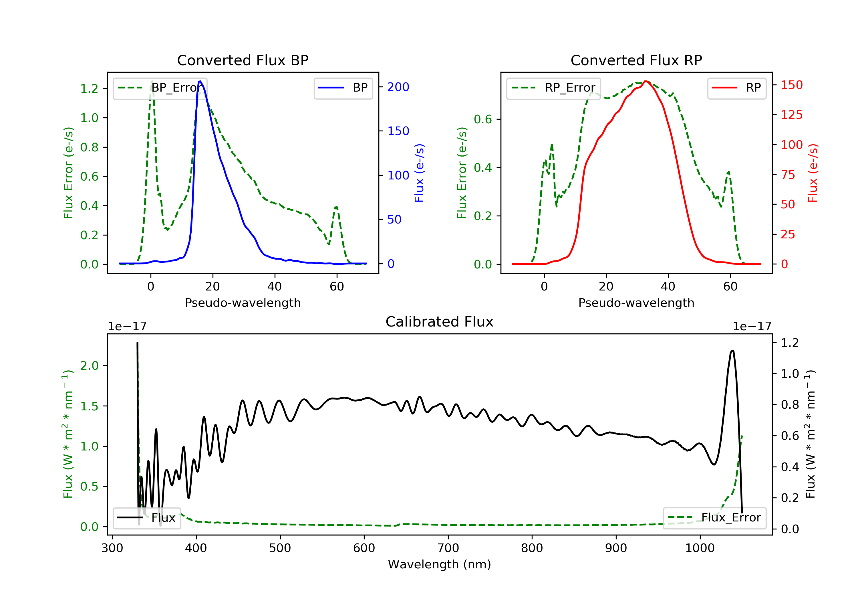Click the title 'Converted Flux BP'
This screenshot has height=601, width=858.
point(243,60)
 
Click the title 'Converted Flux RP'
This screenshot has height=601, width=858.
point(636,60)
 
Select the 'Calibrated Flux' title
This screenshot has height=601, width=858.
point(440,322)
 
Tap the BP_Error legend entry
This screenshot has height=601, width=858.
point(160,88)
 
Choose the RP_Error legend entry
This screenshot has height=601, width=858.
point(553,88)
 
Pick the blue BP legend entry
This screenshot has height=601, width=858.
point(343,88)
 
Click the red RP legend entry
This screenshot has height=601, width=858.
point(736,88)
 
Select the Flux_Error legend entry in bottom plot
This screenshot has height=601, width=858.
point(714,518)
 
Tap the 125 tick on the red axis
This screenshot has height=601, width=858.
point(791,115)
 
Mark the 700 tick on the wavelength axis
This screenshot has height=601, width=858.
point(448,548)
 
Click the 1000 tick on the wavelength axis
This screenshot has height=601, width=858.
point(700,548)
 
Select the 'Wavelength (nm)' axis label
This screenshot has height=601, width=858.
point(440,564)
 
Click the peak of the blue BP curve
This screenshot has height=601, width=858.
point(200,81)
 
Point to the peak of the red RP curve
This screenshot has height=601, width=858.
point(646,81)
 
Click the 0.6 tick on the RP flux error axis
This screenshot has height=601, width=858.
point(483,119)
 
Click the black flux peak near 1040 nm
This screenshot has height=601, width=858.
point(732,351)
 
